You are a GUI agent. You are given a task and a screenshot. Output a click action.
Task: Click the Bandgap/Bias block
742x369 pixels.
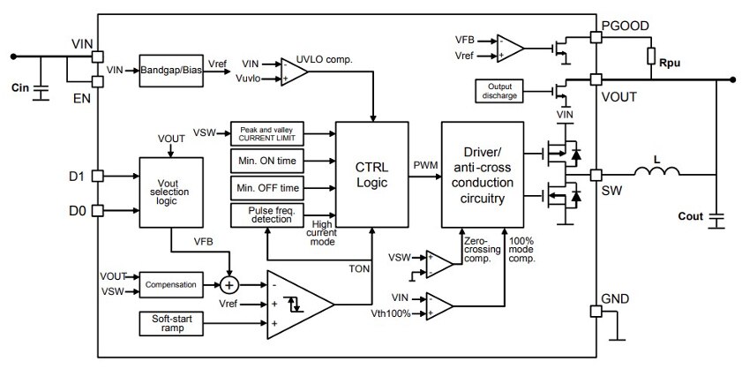(171, 71)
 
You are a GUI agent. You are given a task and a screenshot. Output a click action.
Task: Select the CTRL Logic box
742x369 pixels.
(372, 175)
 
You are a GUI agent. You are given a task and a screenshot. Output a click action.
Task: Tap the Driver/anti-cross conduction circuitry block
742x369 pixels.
(483, 175)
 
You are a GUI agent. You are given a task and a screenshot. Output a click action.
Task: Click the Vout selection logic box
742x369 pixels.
(171, 192)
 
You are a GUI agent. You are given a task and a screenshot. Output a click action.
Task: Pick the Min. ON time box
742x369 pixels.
(267, 161)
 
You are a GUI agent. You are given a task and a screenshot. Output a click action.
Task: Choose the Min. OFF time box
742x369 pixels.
(267, 188)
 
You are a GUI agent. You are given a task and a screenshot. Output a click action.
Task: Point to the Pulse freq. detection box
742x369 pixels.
(267, 215)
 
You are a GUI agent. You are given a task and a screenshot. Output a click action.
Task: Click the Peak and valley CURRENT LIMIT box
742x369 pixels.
(267, 133)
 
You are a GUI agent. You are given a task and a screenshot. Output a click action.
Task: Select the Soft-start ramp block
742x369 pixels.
(171, 324)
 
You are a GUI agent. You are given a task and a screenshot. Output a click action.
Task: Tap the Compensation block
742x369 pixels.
(171, 284)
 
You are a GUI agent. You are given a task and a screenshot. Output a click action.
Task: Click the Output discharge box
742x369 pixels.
(499, 91)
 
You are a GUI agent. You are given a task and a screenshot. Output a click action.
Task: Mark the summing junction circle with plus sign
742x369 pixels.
(230, 284)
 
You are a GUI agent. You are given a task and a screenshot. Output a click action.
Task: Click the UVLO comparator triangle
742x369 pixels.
(294, 72)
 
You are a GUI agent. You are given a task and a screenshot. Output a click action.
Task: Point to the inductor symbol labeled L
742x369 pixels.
(656, 171)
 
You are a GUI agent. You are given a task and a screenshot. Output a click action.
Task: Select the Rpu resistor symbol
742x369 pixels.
(651, 56)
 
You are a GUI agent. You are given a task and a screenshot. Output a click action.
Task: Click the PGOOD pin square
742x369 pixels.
(596, 36)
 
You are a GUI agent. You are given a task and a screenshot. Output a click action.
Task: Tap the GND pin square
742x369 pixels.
(596, 312)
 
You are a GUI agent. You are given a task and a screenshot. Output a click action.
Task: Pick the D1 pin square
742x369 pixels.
(97, 177)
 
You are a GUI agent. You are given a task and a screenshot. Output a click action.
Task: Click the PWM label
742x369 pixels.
(425, 165)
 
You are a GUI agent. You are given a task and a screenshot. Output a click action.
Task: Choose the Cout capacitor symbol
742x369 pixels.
(717, 221)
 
